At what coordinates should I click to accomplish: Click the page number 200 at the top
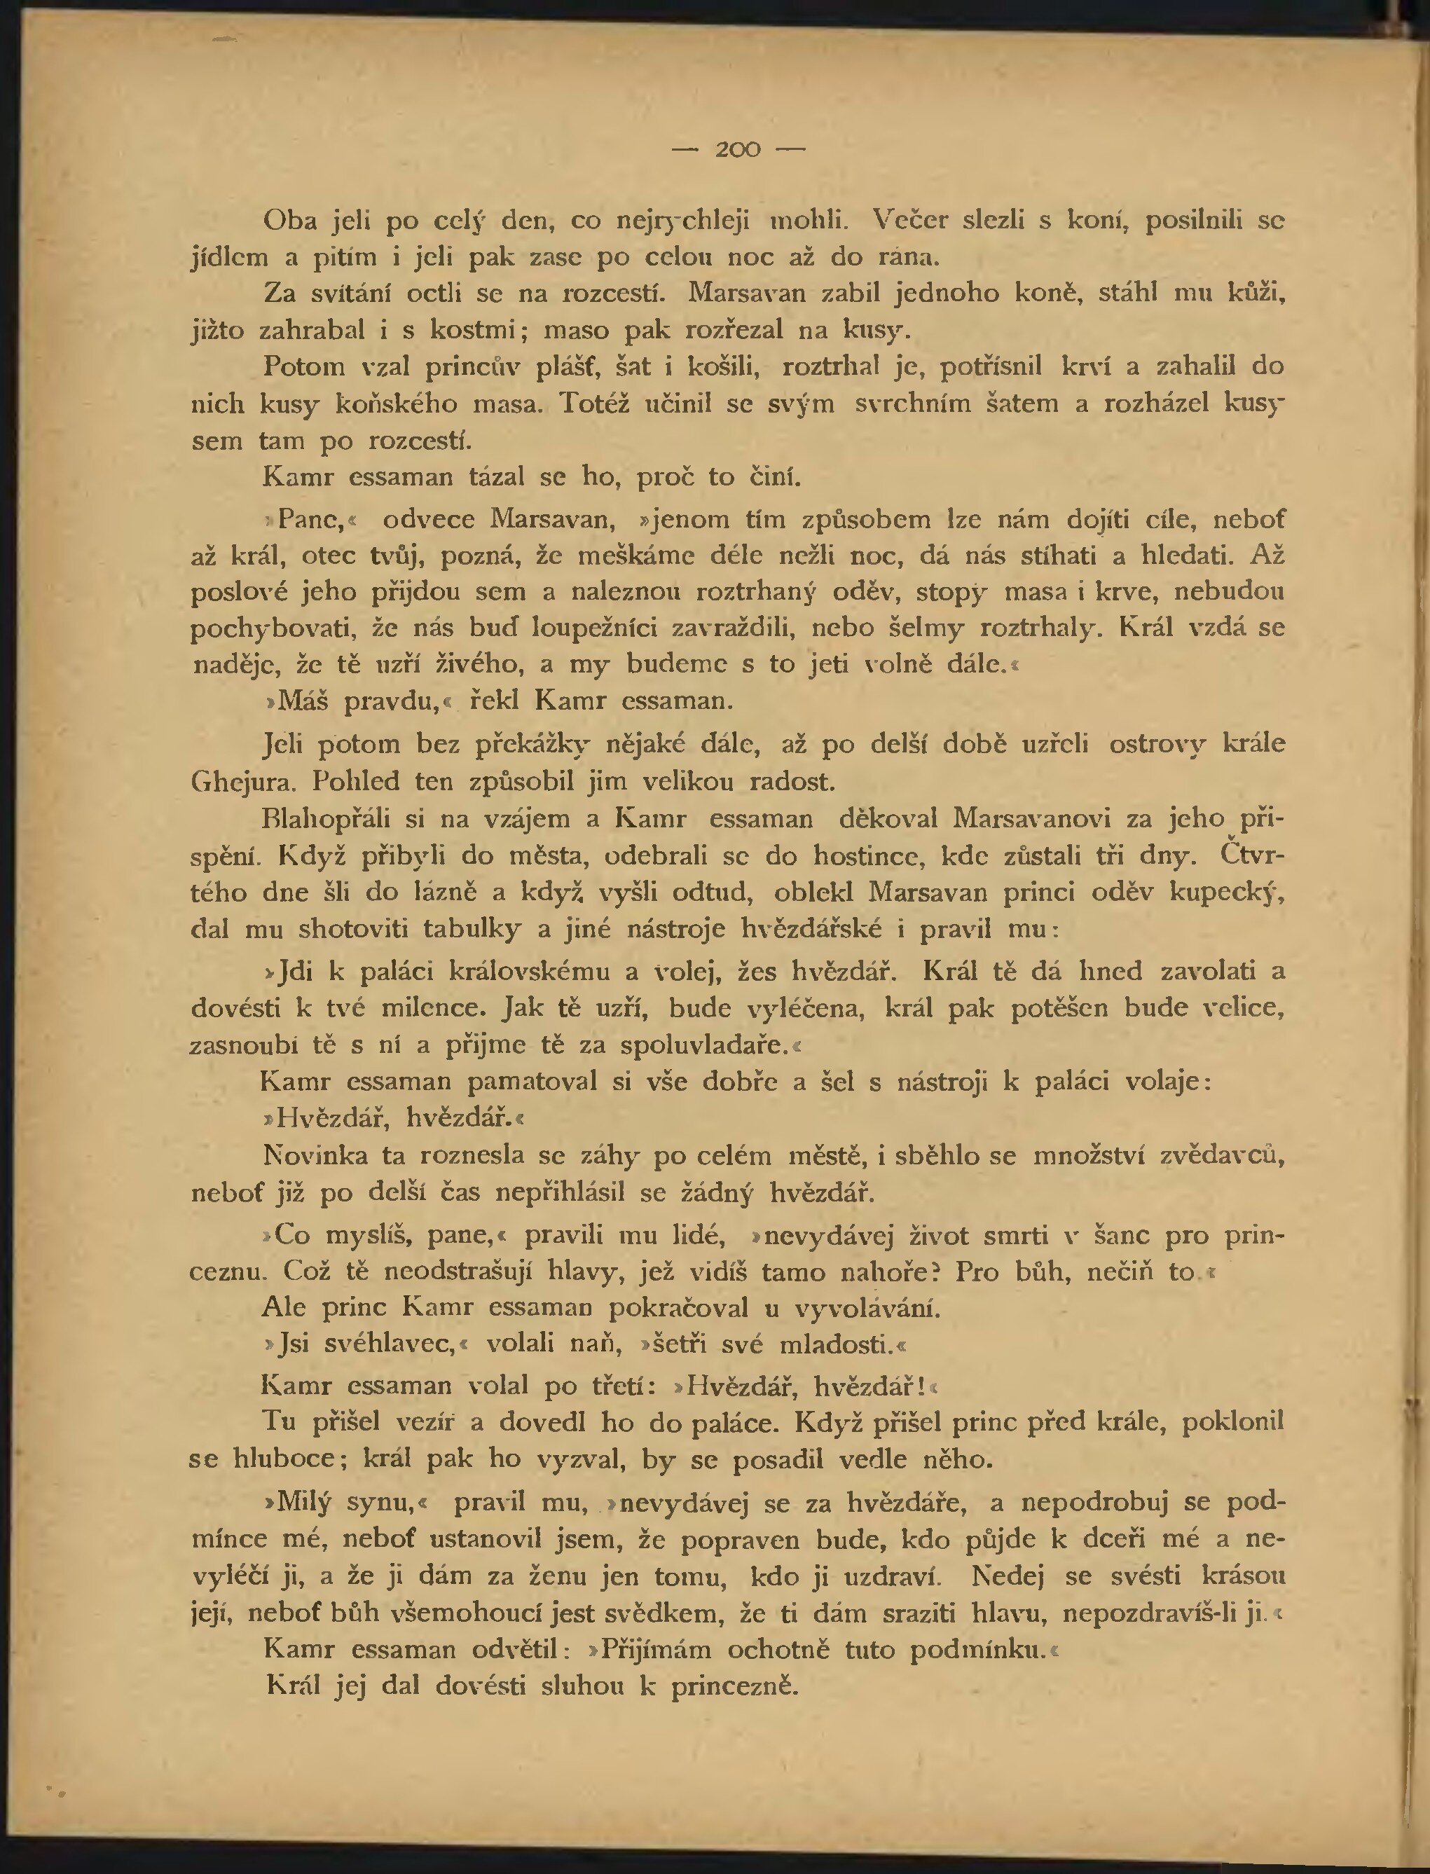click(738, 150)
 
